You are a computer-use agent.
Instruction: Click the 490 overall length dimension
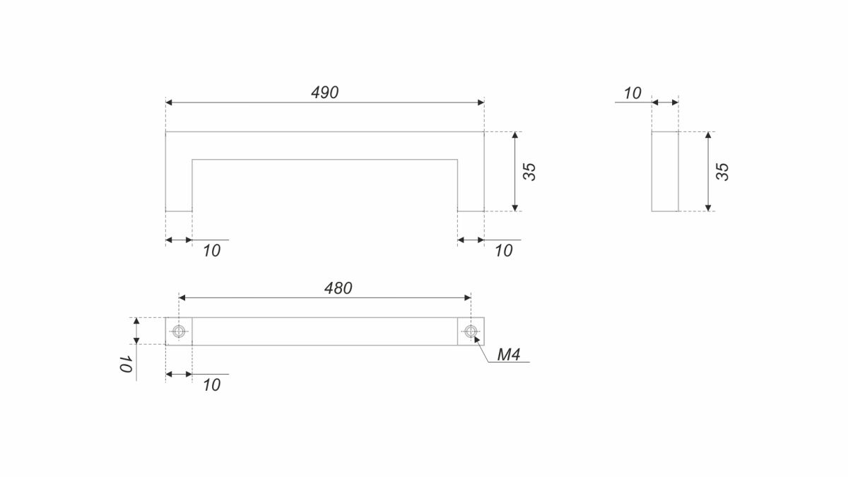tap(325, 93)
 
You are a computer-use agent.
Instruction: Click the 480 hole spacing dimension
tap(338, 288)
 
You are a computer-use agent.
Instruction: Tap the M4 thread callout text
tap(508, 355)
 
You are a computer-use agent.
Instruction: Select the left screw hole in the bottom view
tap(179, 331)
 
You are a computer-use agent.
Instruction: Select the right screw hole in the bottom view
tap(471, 331)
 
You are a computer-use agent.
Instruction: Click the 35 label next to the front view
tap(529, 172)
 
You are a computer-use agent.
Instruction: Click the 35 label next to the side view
tap(723, 172)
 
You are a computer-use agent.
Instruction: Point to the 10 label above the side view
tap(632, 93)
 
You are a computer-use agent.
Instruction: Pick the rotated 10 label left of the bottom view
tap(126, 364)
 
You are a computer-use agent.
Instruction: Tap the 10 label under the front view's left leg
tap(211, 251)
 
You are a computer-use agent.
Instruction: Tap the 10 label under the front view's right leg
tap(504, 251)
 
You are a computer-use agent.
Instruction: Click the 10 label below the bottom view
tap(211, 385)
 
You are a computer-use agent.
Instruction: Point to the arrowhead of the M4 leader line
tap(476, 338)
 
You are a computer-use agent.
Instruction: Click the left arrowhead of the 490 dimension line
tap(169, 102)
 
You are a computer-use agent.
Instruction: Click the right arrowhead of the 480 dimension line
tap(467, 298)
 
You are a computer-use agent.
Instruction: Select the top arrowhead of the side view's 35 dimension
tap(708, 135)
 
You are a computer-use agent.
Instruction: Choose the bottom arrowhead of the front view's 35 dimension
tap(515, 208)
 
